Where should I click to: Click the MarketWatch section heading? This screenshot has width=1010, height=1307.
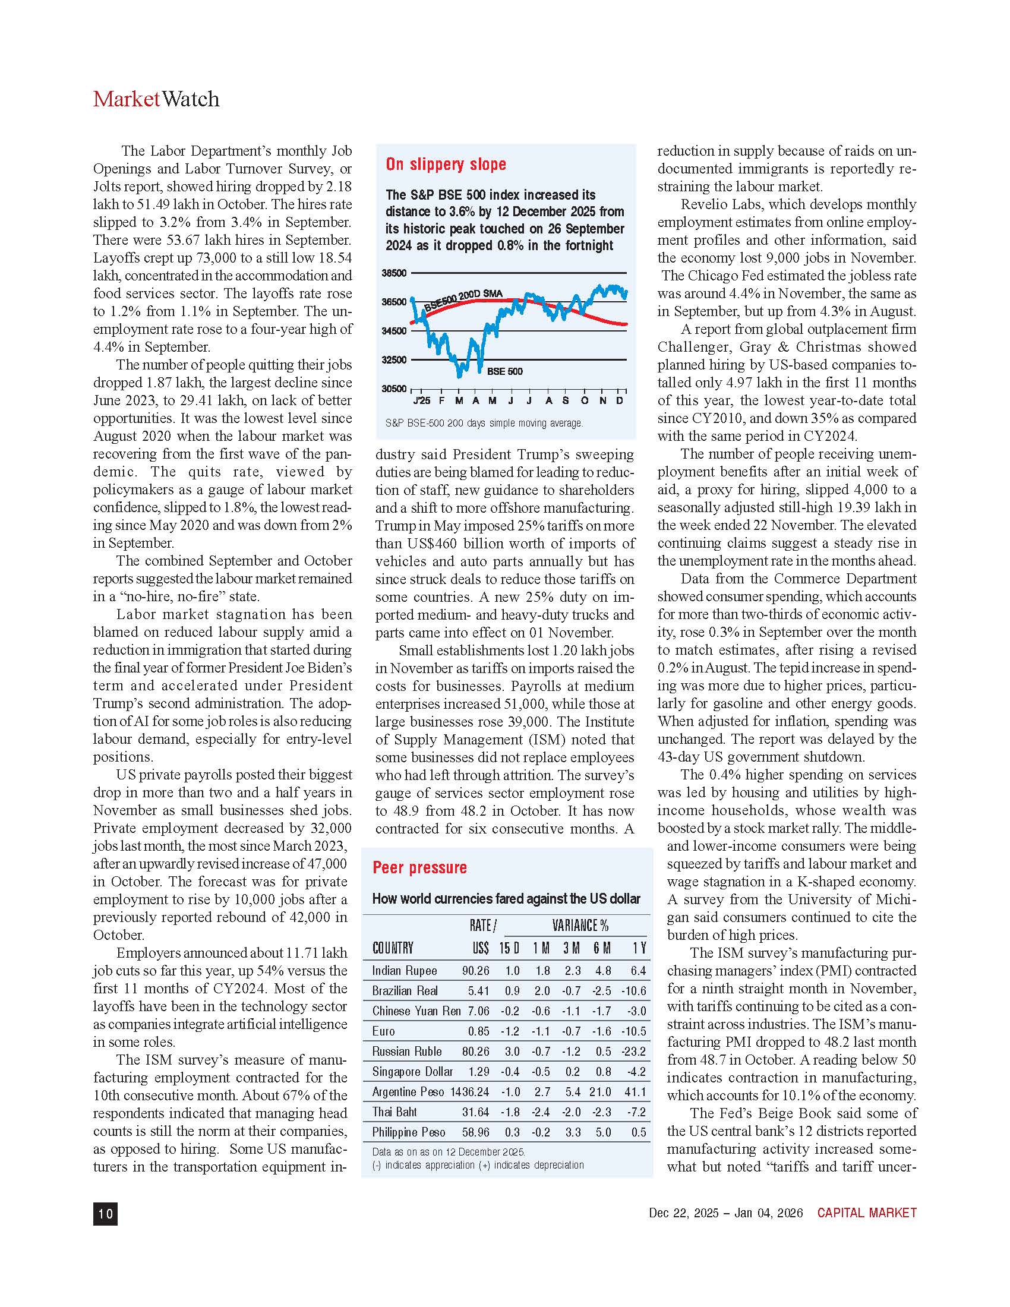coord(156,99)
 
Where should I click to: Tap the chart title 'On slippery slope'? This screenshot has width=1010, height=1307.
coord(446,164)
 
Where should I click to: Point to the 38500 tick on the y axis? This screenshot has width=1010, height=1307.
coord(394,273)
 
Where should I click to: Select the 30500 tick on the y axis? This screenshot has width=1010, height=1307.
coord(394,389)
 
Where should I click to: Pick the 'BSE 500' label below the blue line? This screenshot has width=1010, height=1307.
coord(504,372)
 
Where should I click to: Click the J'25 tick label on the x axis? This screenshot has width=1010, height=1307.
coord(421,400)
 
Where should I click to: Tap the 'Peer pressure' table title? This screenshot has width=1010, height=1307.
coord(419,868)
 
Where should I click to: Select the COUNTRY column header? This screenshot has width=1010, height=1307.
coord(393,948)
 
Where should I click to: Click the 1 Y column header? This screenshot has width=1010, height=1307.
coord(639,948)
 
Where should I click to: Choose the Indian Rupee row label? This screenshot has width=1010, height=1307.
coord(405,971)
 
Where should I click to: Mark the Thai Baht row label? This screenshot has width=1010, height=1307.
coord(394,1112)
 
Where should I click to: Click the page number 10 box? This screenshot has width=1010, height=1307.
coord(105,1213)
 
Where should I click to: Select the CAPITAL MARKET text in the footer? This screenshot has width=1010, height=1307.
coord(866,1213)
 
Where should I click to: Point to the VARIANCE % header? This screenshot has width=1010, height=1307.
coord(580,926)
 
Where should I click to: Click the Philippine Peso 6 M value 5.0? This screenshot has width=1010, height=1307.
coord(603,1132)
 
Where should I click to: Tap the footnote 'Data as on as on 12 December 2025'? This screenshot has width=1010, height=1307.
coord(449,1152)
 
